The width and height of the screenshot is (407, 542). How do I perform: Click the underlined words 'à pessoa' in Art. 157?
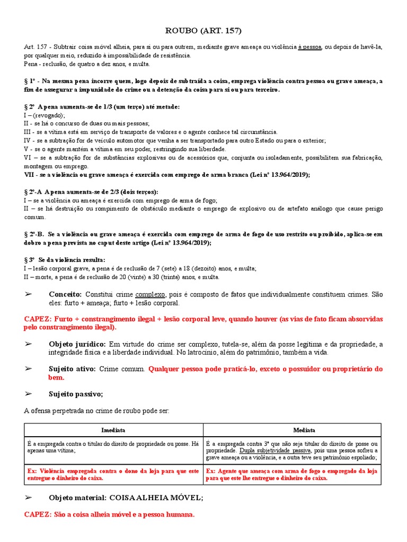[309, 47]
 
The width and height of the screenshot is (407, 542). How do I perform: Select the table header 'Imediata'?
[113, 430]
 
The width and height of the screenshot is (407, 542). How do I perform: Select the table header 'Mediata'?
[291, 430]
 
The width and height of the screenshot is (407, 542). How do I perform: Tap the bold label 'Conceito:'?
[65, 294]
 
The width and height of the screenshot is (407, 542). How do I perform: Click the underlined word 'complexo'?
[151, 294]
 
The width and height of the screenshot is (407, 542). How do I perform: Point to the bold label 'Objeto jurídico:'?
[77, 344]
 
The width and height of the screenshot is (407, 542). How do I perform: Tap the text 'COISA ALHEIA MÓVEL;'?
[156, 498]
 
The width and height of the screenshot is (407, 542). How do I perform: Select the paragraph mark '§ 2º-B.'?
[34, 234]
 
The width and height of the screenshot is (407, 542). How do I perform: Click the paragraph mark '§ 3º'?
[30, 260]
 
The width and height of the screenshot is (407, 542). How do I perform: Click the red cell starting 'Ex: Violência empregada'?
[113, 474]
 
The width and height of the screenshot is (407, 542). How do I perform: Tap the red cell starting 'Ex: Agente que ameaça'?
[291, 474]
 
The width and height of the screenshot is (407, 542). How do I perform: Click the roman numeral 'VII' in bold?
[29, 175]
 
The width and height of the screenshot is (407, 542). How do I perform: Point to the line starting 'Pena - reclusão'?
[87, 64]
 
